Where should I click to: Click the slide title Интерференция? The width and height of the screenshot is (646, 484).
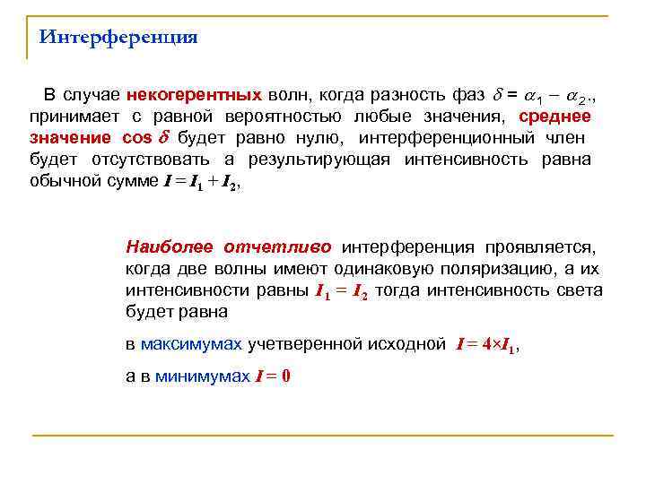pos(118,38)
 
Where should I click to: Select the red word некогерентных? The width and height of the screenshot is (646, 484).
pos(194,95)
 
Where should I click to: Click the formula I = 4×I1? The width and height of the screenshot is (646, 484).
pos(487,344)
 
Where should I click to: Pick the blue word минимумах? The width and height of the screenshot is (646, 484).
pos(203,376)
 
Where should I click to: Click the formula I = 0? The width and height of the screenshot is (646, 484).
pos(273,376)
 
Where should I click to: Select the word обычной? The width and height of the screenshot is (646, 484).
pos(63,181)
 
